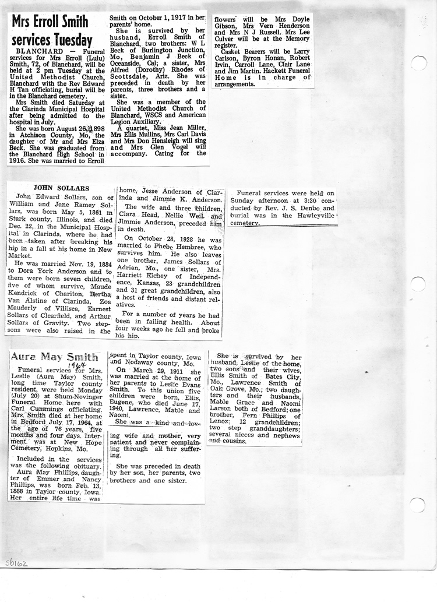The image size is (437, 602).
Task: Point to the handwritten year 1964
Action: [x=73, y=365]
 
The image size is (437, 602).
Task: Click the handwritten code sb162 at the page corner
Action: [x=16, y=564]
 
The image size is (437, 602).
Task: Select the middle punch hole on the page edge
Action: [x=418, y=284]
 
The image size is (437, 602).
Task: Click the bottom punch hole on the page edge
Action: [x=418, y=505]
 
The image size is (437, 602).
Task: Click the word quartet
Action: [x=138, y=128]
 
